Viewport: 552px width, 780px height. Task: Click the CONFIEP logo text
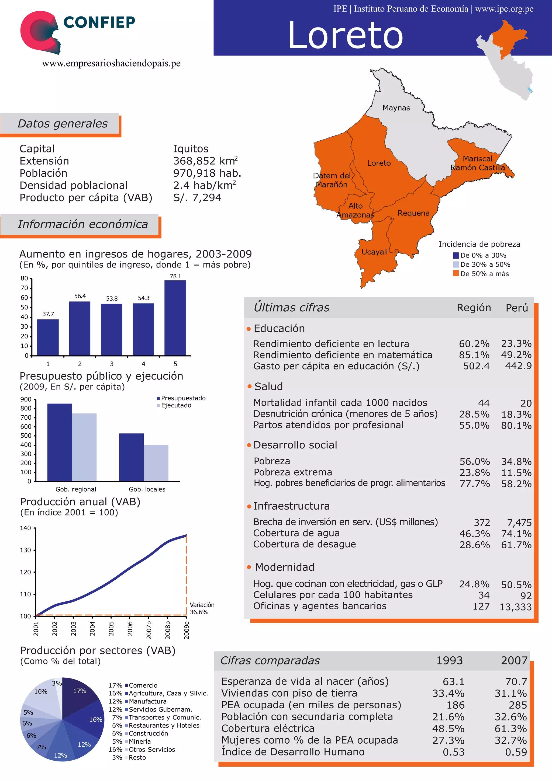pyautogui.click(x=99, y=22)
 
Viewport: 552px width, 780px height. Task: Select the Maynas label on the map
pyautogui.click(x=396, y=108)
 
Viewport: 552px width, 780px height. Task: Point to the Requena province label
pyautogui.click(x=413, y=213)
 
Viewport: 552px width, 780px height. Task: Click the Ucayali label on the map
pyautogui.click(x=374, y=252)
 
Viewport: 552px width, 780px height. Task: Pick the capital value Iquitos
pyautogui.click(x=191, y=148)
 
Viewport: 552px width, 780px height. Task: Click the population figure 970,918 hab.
pyautogui.click(x=207, y=173)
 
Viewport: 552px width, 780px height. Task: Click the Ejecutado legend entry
pyautogui.click(x=176, y=405)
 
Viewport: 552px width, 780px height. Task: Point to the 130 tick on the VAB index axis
pyautogui.click(x=26, y=550)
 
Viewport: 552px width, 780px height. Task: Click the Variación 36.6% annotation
pyautogui.click(x=202, y=608)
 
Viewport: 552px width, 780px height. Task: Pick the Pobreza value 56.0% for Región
pyautogui.click(x=474, y=461)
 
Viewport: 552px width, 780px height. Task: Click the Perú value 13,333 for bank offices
pyautogui.click(x=515, y=607)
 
